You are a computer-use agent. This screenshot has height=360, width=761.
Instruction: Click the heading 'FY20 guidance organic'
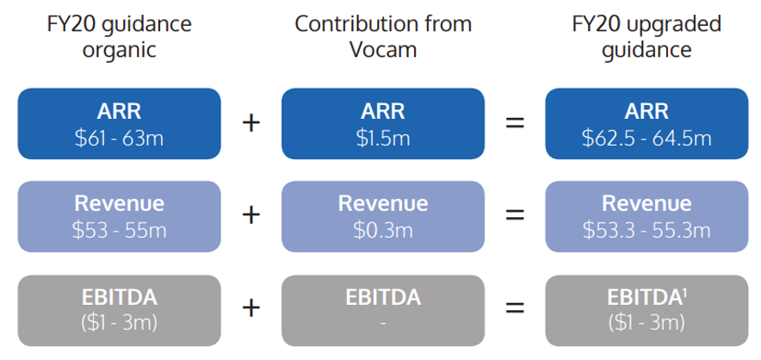120,37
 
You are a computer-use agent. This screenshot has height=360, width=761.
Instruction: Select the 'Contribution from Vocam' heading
383,37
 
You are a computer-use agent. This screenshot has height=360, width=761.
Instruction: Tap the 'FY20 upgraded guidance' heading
647,37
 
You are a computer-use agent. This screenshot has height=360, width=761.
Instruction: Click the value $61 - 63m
120,138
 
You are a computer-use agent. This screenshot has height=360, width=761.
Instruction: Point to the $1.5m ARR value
383,138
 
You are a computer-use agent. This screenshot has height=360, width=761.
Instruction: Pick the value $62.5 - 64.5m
647,138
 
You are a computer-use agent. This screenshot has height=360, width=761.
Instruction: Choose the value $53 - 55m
120,230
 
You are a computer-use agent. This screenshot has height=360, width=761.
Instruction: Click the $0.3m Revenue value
383,230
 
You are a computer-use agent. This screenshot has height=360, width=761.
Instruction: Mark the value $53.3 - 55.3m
647,230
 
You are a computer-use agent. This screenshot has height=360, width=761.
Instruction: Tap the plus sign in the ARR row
251,123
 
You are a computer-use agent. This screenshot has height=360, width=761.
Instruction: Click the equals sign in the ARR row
515,123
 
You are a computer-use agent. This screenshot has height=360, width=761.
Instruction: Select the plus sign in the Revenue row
251,215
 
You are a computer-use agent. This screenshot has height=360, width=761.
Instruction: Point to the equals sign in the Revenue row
515,215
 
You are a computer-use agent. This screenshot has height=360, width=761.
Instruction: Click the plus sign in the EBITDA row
251,307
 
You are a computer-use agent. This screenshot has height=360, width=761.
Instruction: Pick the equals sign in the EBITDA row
515,307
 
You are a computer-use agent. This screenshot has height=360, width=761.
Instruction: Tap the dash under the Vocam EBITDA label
383,324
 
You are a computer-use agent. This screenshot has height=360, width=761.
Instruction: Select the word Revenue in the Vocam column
383,203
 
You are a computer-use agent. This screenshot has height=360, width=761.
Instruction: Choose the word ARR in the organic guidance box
120,112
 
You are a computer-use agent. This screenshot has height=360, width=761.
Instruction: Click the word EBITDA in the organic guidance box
120,298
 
